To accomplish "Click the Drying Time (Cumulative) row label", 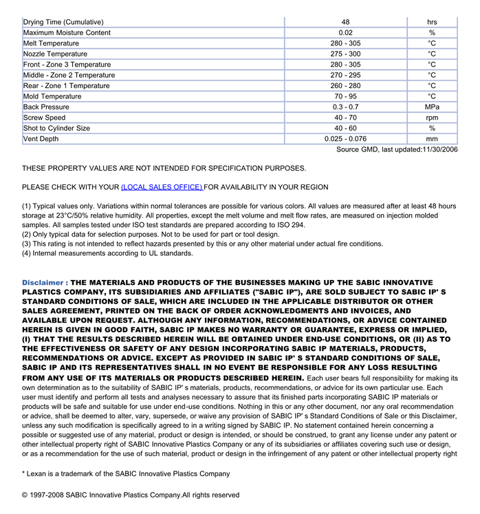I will (63, 22).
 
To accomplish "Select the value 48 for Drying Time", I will (345, 22).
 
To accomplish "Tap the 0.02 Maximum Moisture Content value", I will (345, 33).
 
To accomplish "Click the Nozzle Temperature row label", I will (55, 54).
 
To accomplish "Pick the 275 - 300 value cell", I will (345, 54).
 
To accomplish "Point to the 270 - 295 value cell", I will (345, 76).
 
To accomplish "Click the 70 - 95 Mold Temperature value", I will (345, 97).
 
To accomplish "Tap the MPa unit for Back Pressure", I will (432, 107).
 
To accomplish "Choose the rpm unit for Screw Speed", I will (432, 118).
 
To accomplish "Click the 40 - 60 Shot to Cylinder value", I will (345, 129).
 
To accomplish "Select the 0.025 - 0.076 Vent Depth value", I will (345, 139).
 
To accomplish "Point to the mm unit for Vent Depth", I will (432, 139).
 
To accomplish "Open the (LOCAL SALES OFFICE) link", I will (162, 187).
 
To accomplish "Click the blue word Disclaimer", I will (43, 283).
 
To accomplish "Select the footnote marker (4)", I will (27, 253).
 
